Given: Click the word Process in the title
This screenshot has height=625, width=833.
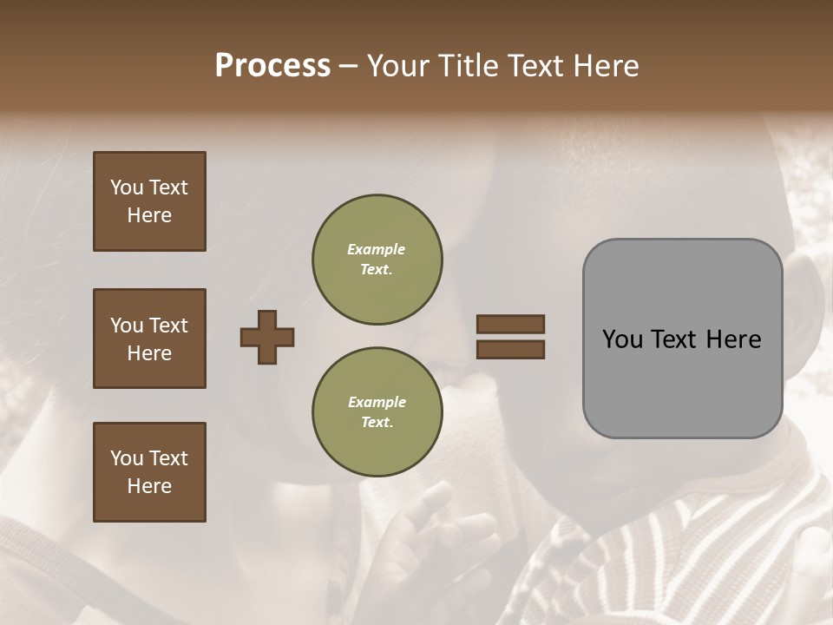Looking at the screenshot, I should tap(272, 66).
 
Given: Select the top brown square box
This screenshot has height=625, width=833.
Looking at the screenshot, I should tap(149, 201).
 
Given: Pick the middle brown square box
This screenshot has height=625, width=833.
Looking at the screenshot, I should tap(149, 339).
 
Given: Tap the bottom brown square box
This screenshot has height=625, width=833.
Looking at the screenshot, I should tap(149, 472).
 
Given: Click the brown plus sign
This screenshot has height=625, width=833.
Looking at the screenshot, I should tap(267, 337).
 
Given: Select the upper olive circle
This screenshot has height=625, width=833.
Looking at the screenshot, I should tap(377, 259).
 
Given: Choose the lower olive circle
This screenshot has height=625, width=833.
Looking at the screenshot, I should tap(377, 411).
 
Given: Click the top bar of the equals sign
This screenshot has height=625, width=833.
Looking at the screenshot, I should tap(510, 324).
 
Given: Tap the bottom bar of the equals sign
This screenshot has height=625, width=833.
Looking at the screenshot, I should tap(510, 350).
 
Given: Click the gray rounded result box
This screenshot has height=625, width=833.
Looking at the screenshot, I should tap(682, 339).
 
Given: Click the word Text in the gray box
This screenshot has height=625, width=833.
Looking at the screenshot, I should tap(679, 339).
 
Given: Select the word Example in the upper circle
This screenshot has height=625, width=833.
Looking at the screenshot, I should tap(377, 249).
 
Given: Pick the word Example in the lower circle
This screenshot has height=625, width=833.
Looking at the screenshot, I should tap(377, 402).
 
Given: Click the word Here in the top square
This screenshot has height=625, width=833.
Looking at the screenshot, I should tap(149, 215).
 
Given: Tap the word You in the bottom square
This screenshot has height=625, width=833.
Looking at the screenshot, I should tap(126, 458).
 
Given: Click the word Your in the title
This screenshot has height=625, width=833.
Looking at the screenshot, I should tap(400, 66).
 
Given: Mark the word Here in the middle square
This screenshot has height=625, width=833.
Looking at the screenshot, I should tap(149, 353).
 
